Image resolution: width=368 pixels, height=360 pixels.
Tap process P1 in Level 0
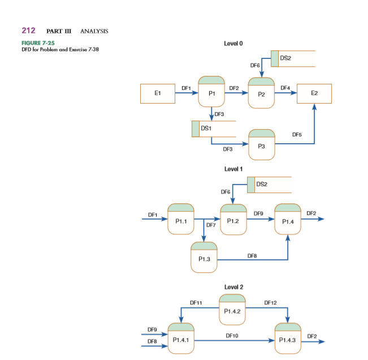tap(211, 92)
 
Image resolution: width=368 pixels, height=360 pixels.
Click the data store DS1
tap(213, 128)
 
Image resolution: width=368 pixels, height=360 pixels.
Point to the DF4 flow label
tap(285, 87)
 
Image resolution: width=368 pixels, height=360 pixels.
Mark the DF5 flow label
tap(297, 134)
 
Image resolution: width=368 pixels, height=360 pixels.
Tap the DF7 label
tap(211, 225)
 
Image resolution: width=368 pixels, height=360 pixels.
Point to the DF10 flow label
tap(232, 336)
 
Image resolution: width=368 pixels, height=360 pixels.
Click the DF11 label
tap(196, 303)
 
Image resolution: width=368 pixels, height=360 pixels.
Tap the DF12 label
tap(270, 303)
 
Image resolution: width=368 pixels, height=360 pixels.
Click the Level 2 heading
tap(233, 287)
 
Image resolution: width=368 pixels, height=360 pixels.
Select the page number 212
tap(29, 30)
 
